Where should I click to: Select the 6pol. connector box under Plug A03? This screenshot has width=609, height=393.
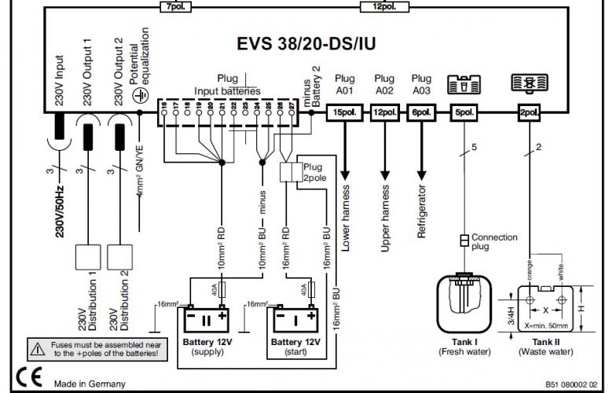click(421, 113)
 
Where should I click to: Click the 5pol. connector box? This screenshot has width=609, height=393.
click(464, 113)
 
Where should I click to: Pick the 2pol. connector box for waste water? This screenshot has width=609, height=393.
click(529, 113)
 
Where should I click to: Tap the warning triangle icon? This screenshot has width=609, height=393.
click(38, 346)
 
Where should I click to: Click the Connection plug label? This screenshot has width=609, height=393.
click(494, 242)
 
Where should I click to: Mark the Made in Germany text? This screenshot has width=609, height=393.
click(89, 383)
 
